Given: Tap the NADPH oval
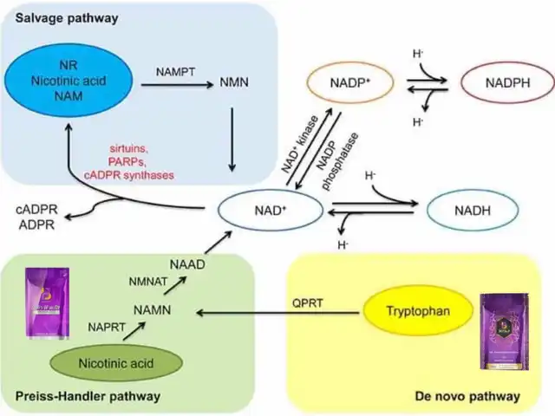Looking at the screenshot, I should (x=502, y=85).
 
